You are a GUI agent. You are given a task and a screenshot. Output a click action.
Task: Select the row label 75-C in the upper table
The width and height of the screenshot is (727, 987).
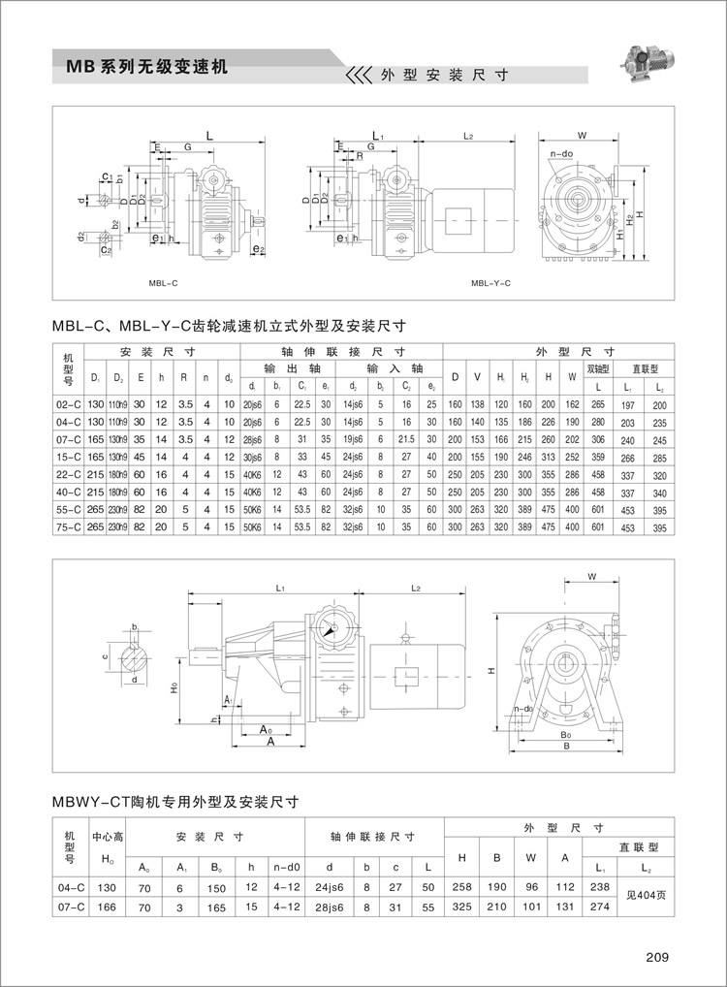(70, 526)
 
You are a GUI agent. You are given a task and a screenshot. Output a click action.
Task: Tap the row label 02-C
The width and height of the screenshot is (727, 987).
(70, 403)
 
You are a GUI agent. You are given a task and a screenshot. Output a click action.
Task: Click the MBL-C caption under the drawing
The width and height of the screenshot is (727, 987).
(163, 283)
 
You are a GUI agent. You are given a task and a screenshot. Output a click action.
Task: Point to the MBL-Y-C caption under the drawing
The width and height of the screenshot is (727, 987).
(490, 283)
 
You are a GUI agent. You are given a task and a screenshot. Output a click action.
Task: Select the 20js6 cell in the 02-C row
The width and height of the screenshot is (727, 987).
(253, 403)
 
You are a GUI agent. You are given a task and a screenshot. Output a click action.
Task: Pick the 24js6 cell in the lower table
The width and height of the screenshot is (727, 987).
(329, 887)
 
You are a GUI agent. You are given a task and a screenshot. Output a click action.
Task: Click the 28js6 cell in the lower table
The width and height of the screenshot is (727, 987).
(329, 907)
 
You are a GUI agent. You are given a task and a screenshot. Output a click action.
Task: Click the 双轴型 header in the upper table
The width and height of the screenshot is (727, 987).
(599, 368)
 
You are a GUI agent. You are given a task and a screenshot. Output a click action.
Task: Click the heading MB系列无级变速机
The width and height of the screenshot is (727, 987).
(146, 67)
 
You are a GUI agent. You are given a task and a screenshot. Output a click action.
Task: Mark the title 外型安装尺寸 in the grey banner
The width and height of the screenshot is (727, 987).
(443, 75)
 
